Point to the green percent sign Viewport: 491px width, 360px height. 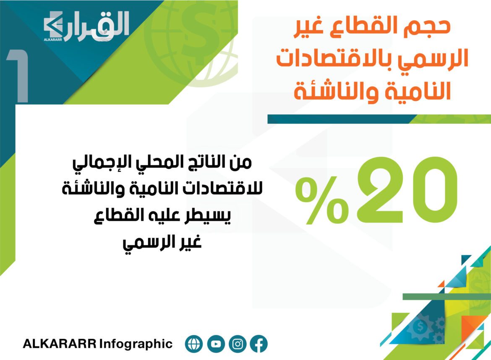tap(322, 200)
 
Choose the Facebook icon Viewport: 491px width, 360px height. tap(259, 344)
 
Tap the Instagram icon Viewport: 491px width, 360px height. tap(238, 344)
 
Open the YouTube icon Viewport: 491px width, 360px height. tap(216, 344)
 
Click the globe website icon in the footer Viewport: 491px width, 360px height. tap(194, 344)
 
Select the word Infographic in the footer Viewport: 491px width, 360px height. tap(136, 344)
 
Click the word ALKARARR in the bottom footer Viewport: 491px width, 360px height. tap(60, 344)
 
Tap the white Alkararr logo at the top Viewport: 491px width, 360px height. tap(86, 26)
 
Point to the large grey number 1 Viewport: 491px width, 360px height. tap(18, 76)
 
